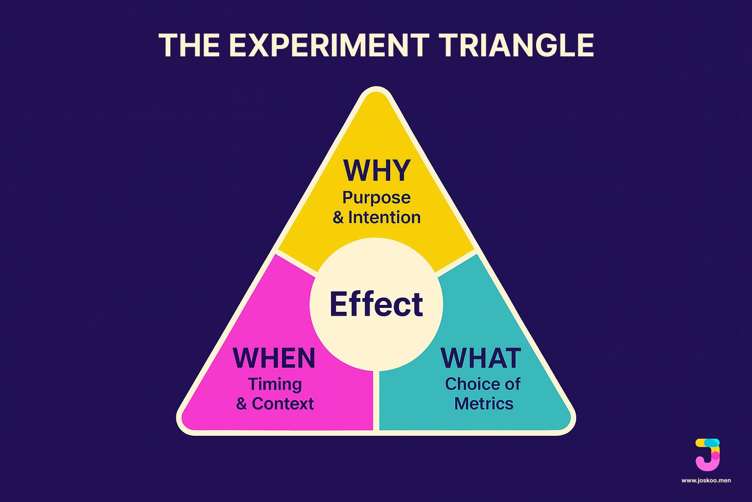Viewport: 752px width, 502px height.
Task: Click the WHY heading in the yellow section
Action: point(376,171)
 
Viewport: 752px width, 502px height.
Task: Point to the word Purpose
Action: point(376,198)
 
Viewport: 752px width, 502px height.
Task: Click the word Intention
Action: point(384,217)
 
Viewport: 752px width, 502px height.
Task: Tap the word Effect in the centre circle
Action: point(376,304)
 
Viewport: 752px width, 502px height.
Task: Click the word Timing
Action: point(275,384)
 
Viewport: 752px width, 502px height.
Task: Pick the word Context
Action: point(282,403)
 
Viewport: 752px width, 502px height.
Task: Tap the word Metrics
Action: point(484,403)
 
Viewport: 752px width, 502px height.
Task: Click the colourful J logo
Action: point(707,454)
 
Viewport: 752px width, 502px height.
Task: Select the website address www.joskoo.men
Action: point(706,480)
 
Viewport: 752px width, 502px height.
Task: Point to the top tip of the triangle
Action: point(376,91)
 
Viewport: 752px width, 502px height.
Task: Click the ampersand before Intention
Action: point(338,218)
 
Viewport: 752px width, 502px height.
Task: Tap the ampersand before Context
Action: point(241,404)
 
